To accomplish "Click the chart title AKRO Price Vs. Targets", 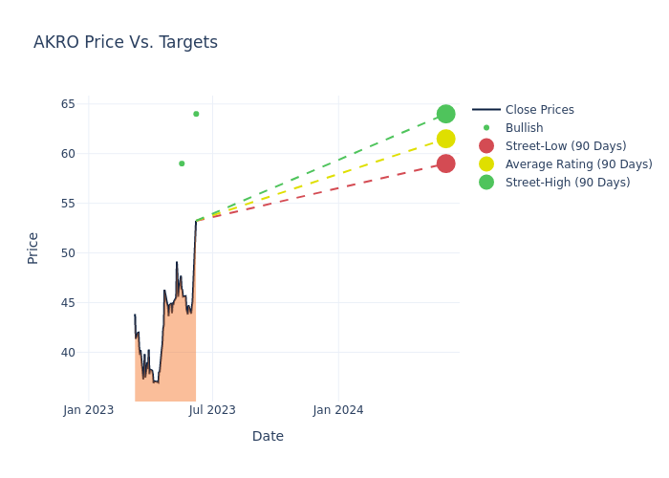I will [125, 42].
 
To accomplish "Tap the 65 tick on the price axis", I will [68, 103].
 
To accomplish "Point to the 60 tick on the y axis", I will [68, 153].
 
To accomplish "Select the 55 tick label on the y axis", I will [68, 203].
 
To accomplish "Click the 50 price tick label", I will [68, 252].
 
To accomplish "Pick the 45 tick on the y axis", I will [68, 302].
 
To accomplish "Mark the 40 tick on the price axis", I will [68, 352].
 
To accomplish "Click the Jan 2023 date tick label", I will [89, 410].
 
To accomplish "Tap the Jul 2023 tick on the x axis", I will [212, 410].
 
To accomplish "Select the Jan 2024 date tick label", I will [337, 410].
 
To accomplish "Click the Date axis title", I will [268, 436].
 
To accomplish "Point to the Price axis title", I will [33, 248].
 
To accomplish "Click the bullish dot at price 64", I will [196, 114].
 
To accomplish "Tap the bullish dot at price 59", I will [182, 163].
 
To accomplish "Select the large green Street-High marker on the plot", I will [445, 114].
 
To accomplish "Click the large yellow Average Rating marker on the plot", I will [445, 139].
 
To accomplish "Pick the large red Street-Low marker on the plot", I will [445, 163].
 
